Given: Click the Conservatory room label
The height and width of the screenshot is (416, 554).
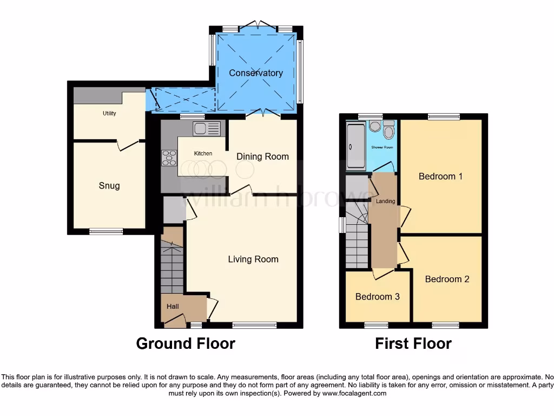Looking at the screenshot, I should point(255,73).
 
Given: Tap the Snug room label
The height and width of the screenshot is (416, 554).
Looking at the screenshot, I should point(109,186).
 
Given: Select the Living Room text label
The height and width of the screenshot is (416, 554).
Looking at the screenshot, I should point(253,259).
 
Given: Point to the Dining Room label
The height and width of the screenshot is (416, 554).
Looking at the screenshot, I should point(262,157).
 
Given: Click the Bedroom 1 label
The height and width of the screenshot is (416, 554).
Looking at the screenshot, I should point(440,176).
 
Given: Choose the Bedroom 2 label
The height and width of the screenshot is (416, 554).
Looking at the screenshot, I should point(447,279).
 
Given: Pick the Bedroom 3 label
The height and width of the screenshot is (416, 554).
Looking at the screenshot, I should point(377,297).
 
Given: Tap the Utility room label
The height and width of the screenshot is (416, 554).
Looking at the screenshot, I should point(109,114).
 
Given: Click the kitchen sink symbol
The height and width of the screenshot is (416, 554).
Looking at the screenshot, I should point(206,128).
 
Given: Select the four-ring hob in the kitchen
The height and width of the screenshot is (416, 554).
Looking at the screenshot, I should point(169,157).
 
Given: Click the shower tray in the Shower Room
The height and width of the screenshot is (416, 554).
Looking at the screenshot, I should point(355,145).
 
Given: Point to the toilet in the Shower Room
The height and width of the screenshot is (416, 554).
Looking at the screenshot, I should point(388,131).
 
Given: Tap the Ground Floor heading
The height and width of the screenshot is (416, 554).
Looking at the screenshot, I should point(186,343).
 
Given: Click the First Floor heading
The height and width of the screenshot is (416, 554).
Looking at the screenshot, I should point(413,343).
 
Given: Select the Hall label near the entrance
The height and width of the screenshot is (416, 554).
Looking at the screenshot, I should point(173,307).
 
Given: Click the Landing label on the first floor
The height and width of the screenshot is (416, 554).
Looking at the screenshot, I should point(386,201).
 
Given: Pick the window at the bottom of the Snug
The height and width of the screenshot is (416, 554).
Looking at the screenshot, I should point(106,231).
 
